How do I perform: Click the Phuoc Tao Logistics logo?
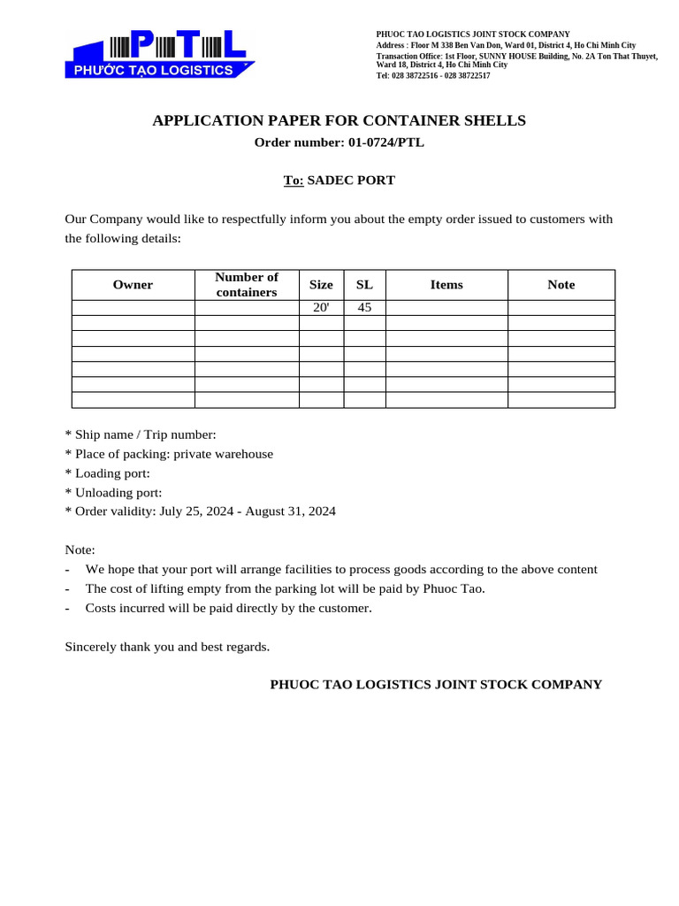tap(160, 54)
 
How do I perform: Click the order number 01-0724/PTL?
tap(380, 142)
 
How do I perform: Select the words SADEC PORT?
tap(351, 180)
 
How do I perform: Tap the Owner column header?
tap(133, 285)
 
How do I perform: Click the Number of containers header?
tap(247, 285)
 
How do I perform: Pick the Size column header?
tap(321, 285)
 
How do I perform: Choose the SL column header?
tap(364, 285)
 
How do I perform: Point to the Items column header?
tap(446, 285)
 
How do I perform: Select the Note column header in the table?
tap(561, 285)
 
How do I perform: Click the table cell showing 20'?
tap(321, 308)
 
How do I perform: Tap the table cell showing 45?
tap(364, 308)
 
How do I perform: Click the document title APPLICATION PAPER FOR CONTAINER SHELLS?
tap(339, 120)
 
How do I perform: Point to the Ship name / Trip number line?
tap(141, 434)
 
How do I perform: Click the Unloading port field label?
tap(114, 493)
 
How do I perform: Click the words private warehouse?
tap(224, 454)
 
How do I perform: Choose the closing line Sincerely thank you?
tap(167, 647)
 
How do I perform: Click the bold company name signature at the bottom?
tap(436, 685)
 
